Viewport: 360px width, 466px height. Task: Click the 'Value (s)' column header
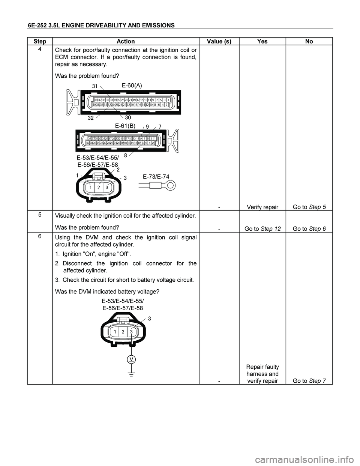point(219,41)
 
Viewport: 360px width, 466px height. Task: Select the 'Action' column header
point(126,41)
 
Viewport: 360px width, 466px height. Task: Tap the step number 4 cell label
point(39,49)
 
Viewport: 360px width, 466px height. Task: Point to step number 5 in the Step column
point(39,214)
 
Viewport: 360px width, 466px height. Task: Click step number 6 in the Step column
point(39,236)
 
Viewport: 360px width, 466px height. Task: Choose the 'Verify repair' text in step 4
point(262,207)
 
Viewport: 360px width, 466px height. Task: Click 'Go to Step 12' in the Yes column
point(262,229)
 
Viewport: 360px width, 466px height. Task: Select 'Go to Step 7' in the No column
point(309,381)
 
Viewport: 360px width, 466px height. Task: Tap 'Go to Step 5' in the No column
point(309,207)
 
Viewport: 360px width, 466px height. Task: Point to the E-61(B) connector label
point(125,126)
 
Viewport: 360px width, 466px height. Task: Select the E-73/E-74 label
point(156,176)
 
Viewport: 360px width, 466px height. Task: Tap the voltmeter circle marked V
point(131,359)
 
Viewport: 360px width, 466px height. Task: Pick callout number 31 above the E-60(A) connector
point(95,86)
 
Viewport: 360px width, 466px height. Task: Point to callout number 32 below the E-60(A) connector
point(91,117)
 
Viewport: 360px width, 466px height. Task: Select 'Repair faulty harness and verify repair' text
point(262,374)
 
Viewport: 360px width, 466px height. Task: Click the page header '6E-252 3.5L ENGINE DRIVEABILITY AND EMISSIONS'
point(101,26)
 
